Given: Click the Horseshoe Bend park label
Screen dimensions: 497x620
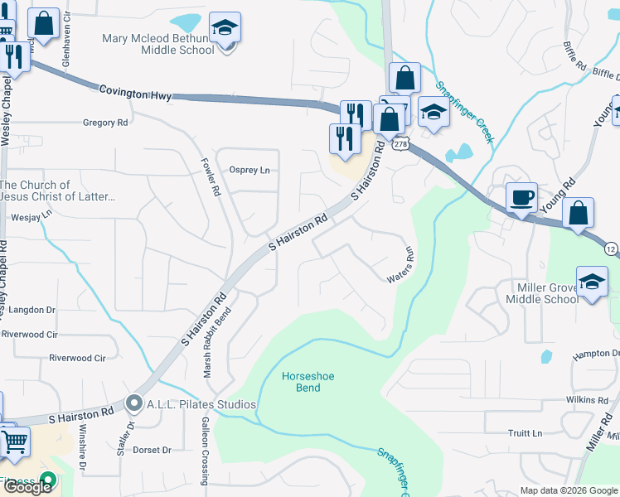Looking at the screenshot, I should tap(308, 382).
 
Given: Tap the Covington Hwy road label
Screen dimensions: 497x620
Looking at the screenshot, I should tap(135, 94).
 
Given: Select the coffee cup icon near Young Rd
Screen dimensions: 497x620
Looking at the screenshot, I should tap(521, 198).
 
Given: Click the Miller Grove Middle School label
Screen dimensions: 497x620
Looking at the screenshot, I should tap(542, 292).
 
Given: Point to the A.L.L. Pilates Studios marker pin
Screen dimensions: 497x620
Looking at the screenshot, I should tap(134, 404).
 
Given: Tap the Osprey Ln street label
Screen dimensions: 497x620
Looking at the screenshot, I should tap(249, 171).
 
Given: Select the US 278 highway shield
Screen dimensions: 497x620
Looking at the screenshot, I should tap(400, 144).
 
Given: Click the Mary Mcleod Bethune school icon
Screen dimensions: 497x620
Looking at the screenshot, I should tap(224, 28).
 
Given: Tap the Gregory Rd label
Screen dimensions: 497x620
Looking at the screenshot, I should tap(105, 123).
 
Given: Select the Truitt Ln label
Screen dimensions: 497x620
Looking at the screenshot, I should tap(525, 433).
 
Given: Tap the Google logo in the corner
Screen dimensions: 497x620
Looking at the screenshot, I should tap(27, 487).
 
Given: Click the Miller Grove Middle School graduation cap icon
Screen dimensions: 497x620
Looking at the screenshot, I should tap(593, 282).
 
